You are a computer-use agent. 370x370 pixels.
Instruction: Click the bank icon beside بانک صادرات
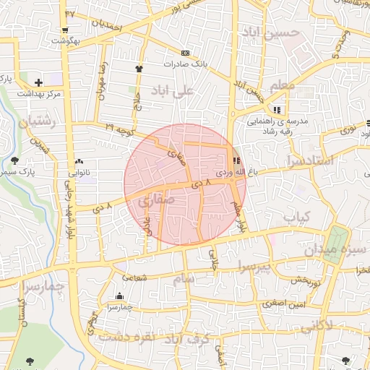click(186, 53)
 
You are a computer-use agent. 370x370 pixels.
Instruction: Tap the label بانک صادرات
click(185, 64)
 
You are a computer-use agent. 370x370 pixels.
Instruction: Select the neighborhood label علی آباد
click(173, 90)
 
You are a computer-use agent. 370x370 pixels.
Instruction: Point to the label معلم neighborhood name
click(283, 86)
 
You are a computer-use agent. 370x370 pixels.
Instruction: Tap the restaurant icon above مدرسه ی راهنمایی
click(277, 110)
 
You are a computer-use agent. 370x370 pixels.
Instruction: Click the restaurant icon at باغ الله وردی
click(236, 160)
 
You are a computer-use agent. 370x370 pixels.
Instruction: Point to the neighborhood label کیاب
click(296, 216)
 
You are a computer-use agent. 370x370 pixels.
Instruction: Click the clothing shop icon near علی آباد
click(139, 68)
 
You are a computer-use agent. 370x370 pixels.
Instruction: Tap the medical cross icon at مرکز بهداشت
click(38, 82)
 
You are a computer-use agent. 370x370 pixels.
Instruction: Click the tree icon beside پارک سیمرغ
click(15, 160)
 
